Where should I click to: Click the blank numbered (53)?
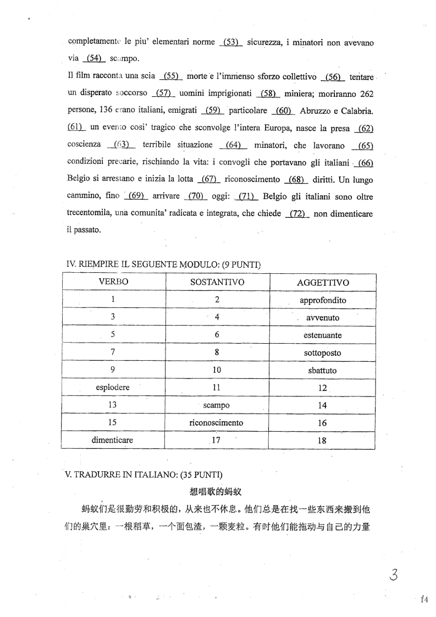click(231, 42)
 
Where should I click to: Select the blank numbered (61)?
click(75, 127)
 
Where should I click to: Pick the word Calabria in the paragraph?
click(358, 111)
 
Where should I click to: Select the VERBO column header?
click(113, 282)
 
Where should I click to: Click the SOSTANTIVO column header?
click(217, 282)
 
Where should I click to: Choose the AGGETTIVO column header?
click(323, 283)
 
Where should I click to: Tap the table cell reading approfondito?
click(323, 300)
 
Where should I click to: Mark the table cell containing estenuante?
click(323, 335)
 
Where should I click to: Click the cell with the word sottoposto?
click(323, 352)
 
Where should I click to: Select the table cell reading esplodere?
click(113, 387)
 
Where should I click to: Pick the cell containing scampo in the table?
click(217, 405)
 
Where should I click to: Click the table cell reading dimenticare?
click(112, 440)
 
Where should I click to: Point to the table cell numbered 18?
click(322, 440)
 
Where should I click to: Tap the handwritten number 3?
click(393, 575)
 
